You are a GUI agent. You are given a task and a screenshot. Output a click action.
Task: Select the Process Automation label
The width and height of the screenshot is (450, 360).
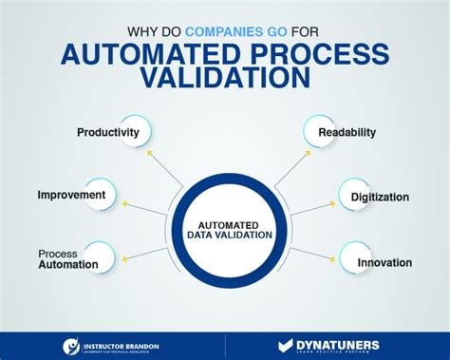pyautogui.click(x=68, y=259)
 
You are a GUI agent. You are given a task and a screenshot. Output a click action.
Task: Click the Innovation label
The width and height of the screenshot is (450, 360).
pyautogui.click(x=384, y=261)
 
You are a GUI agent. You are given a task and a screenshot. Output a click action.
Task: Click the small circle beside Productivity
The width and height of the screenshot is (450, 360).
pyautogui.click(x=135, y=131)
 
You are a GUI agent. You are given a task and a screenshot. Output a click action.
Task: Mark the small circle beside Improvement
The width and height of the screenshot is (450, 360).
pyautogui.click(x=102, y=194)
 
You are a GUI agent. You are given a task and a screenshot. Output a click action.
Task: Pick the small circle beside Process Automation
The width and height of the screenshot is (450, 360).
pyautogui.click(x=100, y=257)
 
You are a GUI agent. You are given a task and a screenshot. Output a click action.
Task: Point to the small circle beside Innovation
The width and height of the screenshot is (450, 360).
pyautogui.click(x=350, y=257)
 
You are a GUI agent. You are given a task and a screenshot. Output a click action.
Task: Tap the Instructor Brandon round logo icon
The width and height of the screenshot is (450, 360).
pyautogui.click(x=71, y=347)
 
